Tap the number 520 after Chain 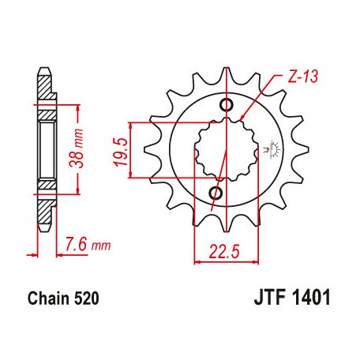[x=86, y=301]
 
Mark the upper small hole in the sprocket [x=227, y=106]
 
